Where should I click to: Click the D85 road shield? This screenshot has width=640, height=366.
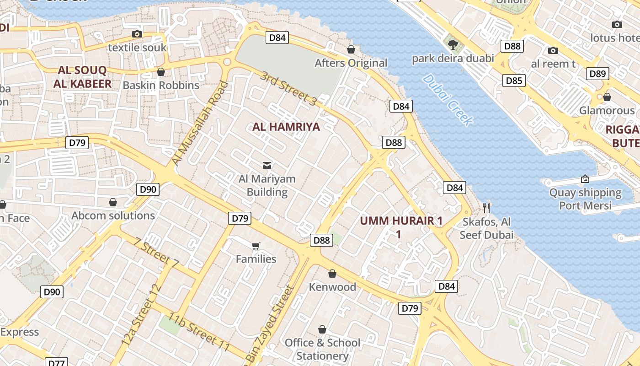click(514, 81)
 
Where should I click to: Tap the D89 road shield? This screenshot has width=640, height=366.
click(597, 74)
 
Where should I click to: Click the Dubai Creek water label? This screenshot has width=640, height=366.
click(448, 100)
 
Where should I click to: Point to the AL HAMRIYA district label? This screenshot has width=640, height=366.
click(286, 127)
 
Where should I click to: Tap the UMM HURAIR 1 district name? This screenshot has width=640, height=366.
click(401, 227)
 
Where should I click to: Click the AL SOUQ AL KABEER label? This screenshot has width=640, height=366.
click(82, 77)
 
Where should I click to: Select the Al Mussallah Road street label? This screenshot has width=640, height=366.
click(199, 124)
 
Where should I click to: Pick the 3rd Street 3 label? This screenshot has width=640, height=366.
click(288, 89)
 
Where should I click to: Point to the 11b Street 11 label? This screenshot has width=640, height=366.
click(198, 332)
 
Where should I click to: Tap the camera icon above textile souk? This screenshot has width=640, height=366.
click(137, 34)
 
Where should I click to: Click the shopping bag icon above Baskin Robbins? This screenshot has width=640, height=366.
click(161, 72)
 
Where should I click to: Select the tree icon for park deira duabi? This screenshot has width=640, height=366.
click(453, 44)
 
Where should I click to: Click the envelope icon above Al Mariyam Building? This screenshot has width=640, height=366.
click(267, 165)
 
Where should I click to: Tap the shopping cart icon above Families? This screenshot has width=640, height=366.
click(256, 246)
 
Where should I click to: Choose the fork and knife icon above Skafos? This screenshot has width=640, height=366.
click(487, 208)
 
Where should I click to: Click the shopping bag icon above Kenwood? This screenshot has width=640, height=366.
click(332, 274)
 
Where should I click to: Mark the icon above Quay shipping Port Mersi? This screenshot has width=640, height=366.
click(585, 179)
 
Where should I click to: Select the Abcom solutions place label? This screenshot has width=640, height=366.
click(113, 215)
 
